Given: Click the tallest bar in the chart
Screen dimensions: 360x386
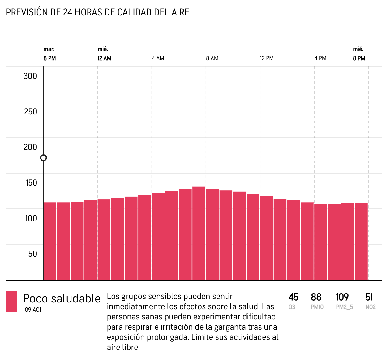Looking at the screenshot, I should click(199, 233).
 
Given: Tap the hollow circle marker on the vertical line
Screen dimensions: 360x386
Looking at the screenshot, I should click(44, 158).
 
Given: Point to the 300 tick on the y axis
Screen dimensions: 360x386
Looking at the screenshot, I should click(30, 76).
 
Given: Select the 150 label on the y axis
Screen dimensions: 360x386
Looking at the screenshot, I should click(31, 183).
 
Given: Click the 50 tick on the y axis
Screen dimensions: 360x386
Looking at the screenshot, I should click(32, 254).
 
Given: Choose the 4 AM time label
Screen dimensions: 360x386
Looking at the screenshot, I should click(158, 58).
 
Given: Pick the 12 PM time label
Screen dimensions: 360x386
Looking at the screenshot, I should click(267, 58).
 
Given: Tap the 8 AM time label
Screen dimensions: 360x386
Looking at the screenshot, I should click(212, 58).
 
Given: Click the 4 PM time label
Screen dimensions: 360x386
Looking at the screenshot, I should click(320, 58).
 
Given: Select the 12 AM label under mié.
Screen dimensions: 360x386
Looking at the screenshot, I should click(105, 58).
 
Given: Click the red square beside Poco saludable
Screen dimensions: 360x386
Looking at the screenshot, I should click(11, 302).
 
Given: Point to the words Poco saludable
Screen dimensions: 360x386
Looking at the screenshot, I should click(62, 299).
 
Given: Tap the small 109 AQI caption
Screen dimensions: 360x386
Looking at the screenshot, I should click(32, 310).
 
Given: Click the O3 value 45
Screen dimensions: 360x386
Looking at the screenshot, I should click(293, 297).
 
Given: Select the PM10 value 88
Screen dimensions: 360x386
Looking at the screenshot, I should click(316, 297).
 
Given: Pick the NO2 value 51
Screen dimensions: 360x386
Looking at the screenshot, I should click(369, 297).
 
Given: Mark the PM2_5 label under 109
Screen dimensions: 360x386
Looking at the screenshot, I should click(344, 307).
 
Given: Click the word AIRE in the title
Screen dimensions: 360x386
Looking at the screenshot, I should click(181, 12).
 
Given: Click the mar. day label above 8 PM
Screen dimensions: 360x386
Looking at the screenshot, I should click(49, 49).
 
